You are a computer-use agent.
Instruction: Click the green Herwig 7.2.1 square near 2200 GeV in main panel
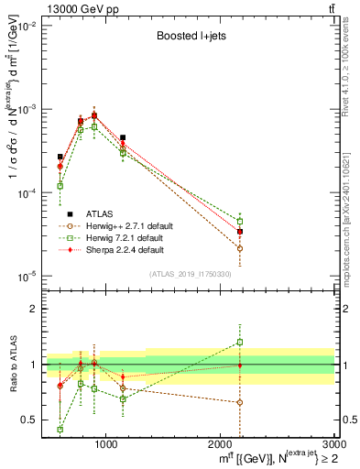tap(240, 222)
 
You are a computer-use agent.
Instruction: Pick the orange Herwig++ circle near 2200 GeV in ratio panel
tap(240, 402)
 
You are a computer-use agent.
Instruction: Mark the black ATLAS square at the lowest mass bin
tap(60, 157)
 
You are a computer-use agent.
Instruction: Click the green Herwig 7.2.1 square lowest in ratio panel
tap(60, 429)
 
